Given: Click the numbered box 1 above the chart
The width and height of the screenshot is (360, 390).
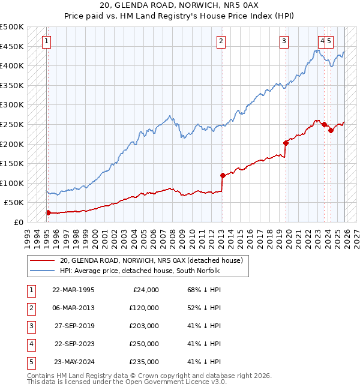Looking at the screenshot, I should click(46, 41).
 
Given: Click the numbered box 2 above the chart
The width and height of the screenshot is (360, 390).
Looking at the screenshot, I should click(221, 41).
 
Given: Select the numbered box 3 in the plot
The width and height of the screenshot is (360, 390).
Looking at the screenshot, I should click(284, 41).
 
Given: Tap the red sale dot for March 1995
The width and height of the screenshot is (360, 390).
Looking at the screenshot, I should click(48, 212).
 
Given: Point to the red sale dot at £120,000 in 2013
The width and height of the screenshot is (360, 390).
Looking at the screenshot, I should click(223, 175).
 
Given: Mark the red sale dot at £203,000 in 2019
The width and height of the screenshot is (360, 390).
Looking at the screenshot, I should click(286, 143).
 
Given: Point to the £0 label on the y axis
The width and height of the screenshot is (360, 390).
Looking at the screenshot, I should click(18, 222).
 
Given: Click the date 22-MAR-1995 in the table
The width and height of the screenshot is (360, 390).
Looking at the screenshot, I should click(73, 290).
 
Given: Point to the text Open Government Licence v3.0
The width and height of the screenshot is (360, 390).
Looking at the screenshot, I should click(170, 382).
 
